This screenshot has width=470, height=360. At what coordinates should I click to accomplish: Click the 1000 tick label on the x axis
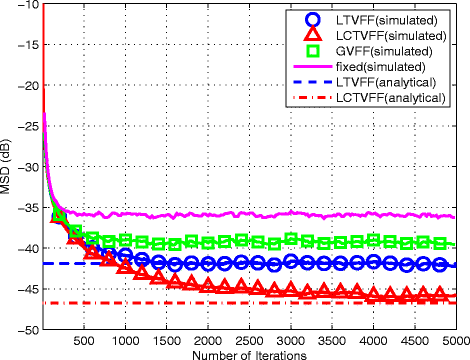(x=125, y=340)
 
